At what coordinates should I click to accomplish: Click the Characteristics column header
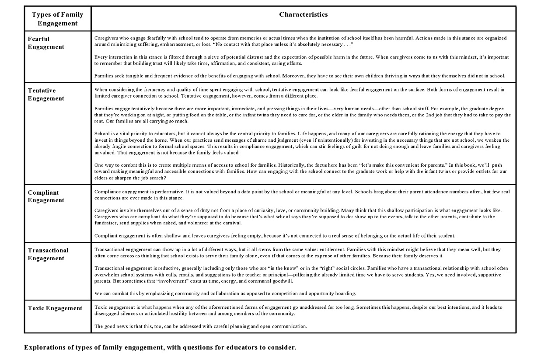303,14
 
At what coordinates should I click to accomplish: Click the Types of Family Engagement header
57,19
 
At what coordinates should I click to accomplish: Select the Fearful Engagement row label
46,43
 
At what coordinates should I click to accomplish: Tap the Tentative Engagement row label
46,94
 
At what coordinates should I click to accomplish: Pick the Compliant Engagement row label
46,196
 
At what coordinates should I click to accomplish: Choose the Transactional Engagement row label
48,254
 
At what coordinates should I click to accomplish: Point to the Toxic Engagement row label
55,308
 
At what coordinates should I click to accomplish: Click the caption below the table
160,348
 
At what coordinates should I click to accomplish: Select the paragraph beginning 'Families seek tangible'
299,76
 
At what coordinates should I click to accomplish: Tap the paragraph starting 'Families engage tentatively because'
302,115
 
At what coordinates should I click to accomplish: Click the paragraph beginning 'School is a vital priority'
302,143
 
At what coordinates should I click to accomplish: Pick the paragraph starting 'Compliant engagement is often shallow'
275,236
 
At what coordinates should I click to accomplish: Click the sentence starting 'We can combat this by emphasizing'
225,293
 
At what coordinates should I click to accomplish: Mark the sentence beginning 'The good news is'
201,326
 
